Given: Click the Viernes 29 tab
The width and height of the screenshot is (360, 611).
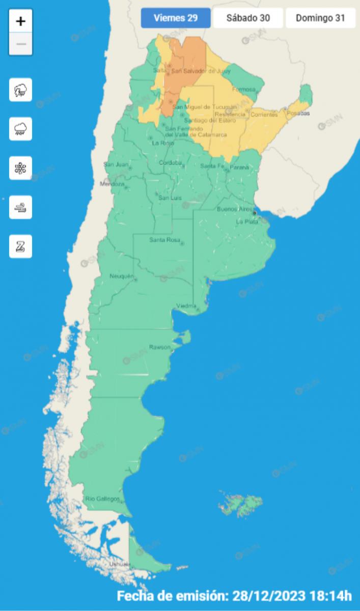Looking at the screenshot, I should (176, 18).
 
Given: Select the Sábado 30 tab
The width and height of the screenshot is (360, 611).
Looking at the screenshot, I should (248, 18).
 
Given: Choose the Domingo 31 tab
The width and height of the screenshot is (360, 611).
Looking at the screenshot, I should (320, 18).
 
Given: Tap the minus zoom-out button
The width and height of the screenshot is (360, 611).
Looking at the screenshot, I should (21, 44).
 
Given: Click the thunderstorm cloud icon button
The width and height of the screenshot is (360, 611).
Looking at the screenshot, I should (21, 90).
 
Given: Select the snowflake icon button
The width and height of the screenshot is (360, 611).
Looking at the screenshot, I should (21, 168).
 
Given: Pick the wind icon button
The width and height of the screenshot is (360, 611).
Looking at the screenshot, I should (21, 207).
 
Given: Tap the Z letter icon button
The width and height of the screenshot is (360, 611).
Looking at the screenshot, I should (21, 246).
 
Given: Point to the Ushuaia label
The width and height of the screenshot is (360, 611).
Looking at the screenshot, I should (120, 564).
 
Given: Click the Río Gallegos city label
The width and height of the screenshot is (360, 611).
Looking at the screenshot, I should (102, 498).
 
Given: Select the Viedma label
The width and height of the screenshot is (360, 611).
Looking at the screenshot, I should (185, 305).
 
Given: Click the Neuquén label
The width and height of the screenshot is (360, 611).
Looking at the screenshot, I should (122, 276).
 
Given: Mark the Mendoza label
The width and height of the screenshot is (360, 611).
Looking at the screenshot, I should (112, 184).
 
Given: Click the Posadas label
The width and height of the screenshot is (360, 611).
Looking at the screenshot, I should (298, 114).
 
